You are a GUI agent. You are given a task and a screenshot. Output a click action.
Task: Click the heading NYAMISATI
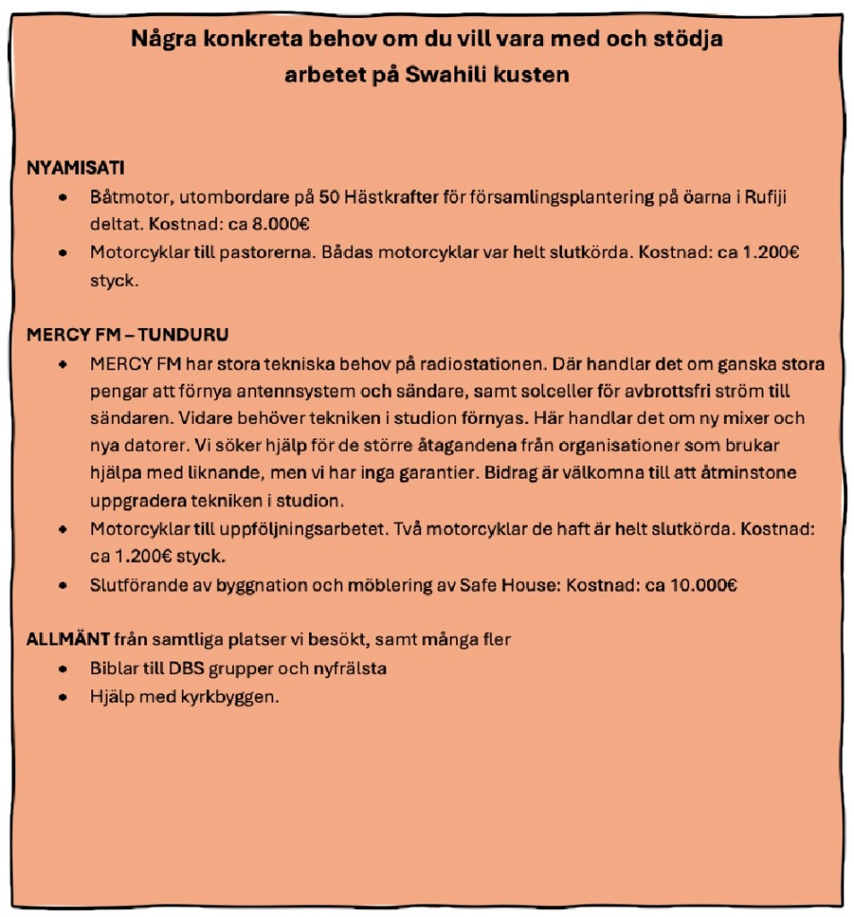pos(75,168)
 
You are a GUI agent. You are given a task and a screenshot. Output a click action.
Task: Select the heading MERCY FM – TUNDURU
pos(127,335)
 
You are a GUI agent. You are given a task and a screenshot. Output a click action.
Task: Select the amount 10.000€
pos(703,586)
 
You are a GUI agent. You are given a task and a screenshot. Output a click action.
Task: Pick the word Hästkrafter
pos(386,197)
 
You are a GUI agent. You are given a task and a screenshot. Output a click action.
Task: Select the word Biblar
pos(114,669)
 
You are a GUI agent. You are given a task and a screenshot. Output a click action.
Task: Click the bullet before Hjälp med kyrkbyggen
pos(63,696)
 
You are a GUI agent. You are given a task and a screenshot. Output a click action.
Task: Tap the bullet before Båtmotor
pos(63,197)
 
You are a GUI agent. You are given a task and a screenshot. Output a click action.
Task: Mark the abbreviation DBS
pos(186,669)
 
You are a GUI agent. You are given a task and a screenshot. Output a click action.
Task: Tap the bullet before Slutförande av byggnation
pos(63,586)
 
